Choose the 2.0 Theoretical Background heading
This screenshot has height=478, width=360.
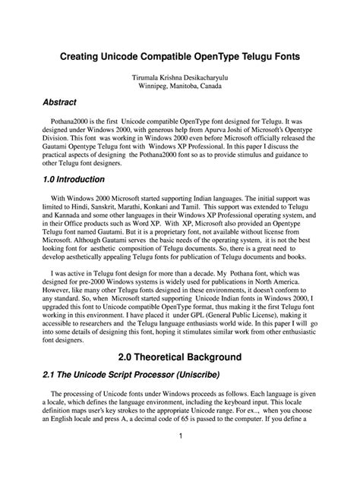(x=179, y=356)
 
